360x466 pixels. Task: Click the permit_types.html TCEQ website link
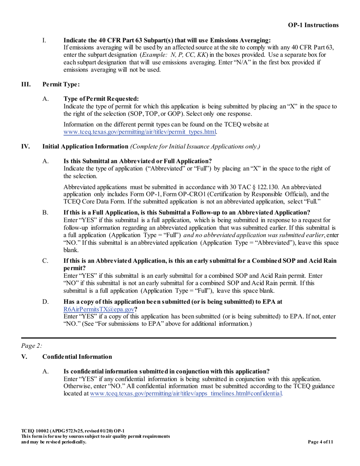point(140,132)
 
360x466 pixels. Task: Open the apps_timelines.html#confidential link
point(186,393)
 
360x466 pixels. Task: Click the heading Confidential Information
point(77,357)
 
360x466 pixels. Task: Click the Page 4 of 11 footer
point(321,441)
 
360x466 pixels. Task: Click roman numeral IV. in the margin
point(25,146)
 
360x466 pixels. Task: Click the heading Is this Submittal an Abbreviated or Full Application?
point(138,161)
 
